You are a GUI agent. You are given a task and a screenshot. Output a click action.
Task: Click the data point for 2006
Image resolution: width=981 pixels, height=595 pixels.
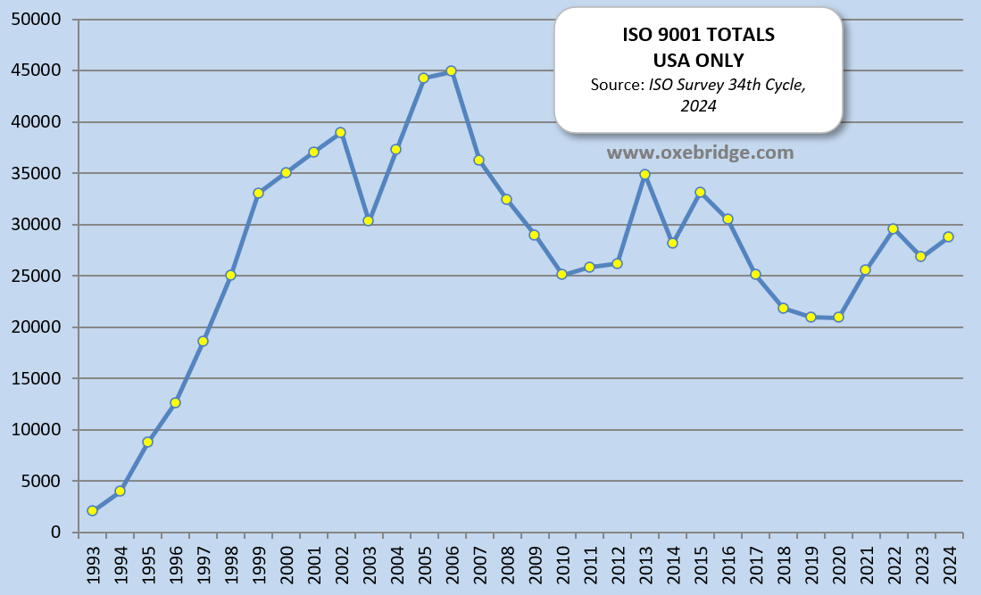pos(451,70)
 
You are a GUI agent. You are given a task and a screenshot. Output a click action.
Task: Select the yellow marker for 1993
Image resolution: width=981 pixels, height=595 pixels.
pos(92,510)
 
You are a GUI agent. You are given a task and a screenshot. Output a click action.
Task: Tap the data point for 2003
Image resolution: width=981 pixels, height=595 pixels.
pos(368,220)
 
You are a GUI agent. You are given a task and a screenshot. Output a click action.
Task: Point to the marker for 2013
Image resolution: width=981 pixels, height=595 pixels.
pos(644,175)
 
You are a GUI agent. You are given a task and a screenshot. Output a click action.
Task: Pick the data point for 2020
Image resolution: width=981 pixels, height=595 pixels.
pos(838,317)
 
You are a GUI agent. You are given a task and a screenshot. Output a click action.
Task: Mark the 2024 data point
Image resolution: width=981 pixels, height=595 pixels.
pos(948,236)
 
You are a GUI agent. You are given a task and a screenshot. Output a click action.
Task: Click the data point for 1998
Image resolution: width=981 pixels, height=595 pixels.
pos(230,275)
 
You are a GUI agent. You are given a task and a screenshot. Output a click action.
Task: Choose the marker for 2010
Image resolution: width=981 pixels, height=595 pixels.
pos(561,274)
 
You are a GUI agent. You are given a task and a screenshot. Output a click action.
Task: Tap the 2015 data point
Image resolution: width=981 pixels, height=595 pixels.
pos(700,192)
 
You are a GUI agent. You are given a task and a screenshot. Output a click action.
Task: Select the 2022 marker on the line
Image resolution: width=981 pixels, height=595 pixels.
pos(893,228)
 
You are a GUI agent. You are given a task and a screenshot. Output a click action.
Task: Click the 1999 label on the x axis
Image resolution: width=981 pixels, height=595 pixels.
pos(258,564)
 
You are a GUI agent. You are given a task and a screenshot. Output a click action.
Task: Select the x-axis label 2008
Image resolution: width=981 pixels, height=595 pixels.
pos(507,564)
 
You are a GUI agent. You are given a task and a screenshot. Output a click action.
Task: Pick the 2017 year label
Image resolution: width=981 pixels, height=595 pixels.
pos(755,564)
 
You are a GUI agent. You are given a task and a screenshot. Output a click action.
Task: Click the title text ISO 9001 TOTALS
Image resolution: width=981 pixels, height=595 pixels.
pos(698,35)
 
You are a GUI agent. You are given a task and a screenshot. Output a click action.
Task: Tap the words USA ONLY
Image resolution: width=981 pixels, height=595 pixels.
pos(698,60)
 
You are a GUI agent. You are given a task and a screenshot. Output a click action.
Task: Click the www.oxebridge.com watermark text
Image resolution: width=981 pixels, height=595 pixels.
pos(700,153)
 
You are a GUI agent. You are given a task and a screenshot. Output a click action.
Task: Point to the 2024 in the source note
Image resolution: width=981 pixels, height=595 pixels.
pos(698,105)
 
